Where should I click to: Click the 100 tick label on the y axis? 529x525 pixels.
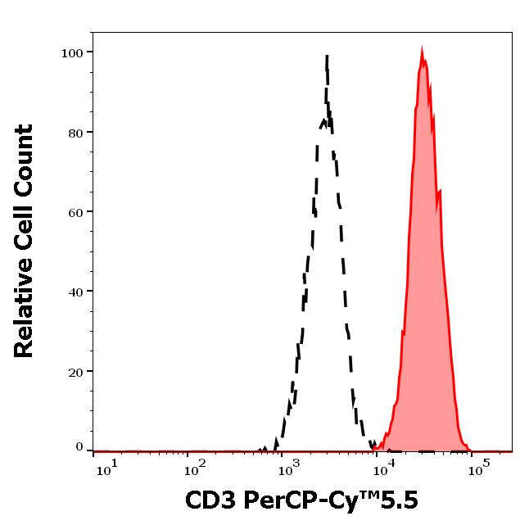pos(71,53)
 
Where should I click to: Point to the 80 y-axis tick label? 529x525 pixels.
pos(75,133)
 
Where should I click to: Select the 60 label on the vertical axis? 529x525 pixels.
pos(75,212)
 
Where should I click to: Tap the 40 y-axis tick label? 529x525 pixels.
pos(75,292)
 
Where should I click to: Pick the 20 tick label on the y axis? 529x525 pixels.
pos(75,372)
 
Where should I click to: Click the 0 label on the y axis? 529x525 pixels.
pos(79,447)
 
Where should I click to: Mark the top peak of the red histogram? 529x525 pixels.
pos(422,52)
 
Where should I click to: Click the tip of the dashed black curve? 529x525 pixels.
pos(327,56)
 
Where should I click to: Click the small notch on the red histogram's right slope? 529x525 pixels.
pos(440,192)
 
